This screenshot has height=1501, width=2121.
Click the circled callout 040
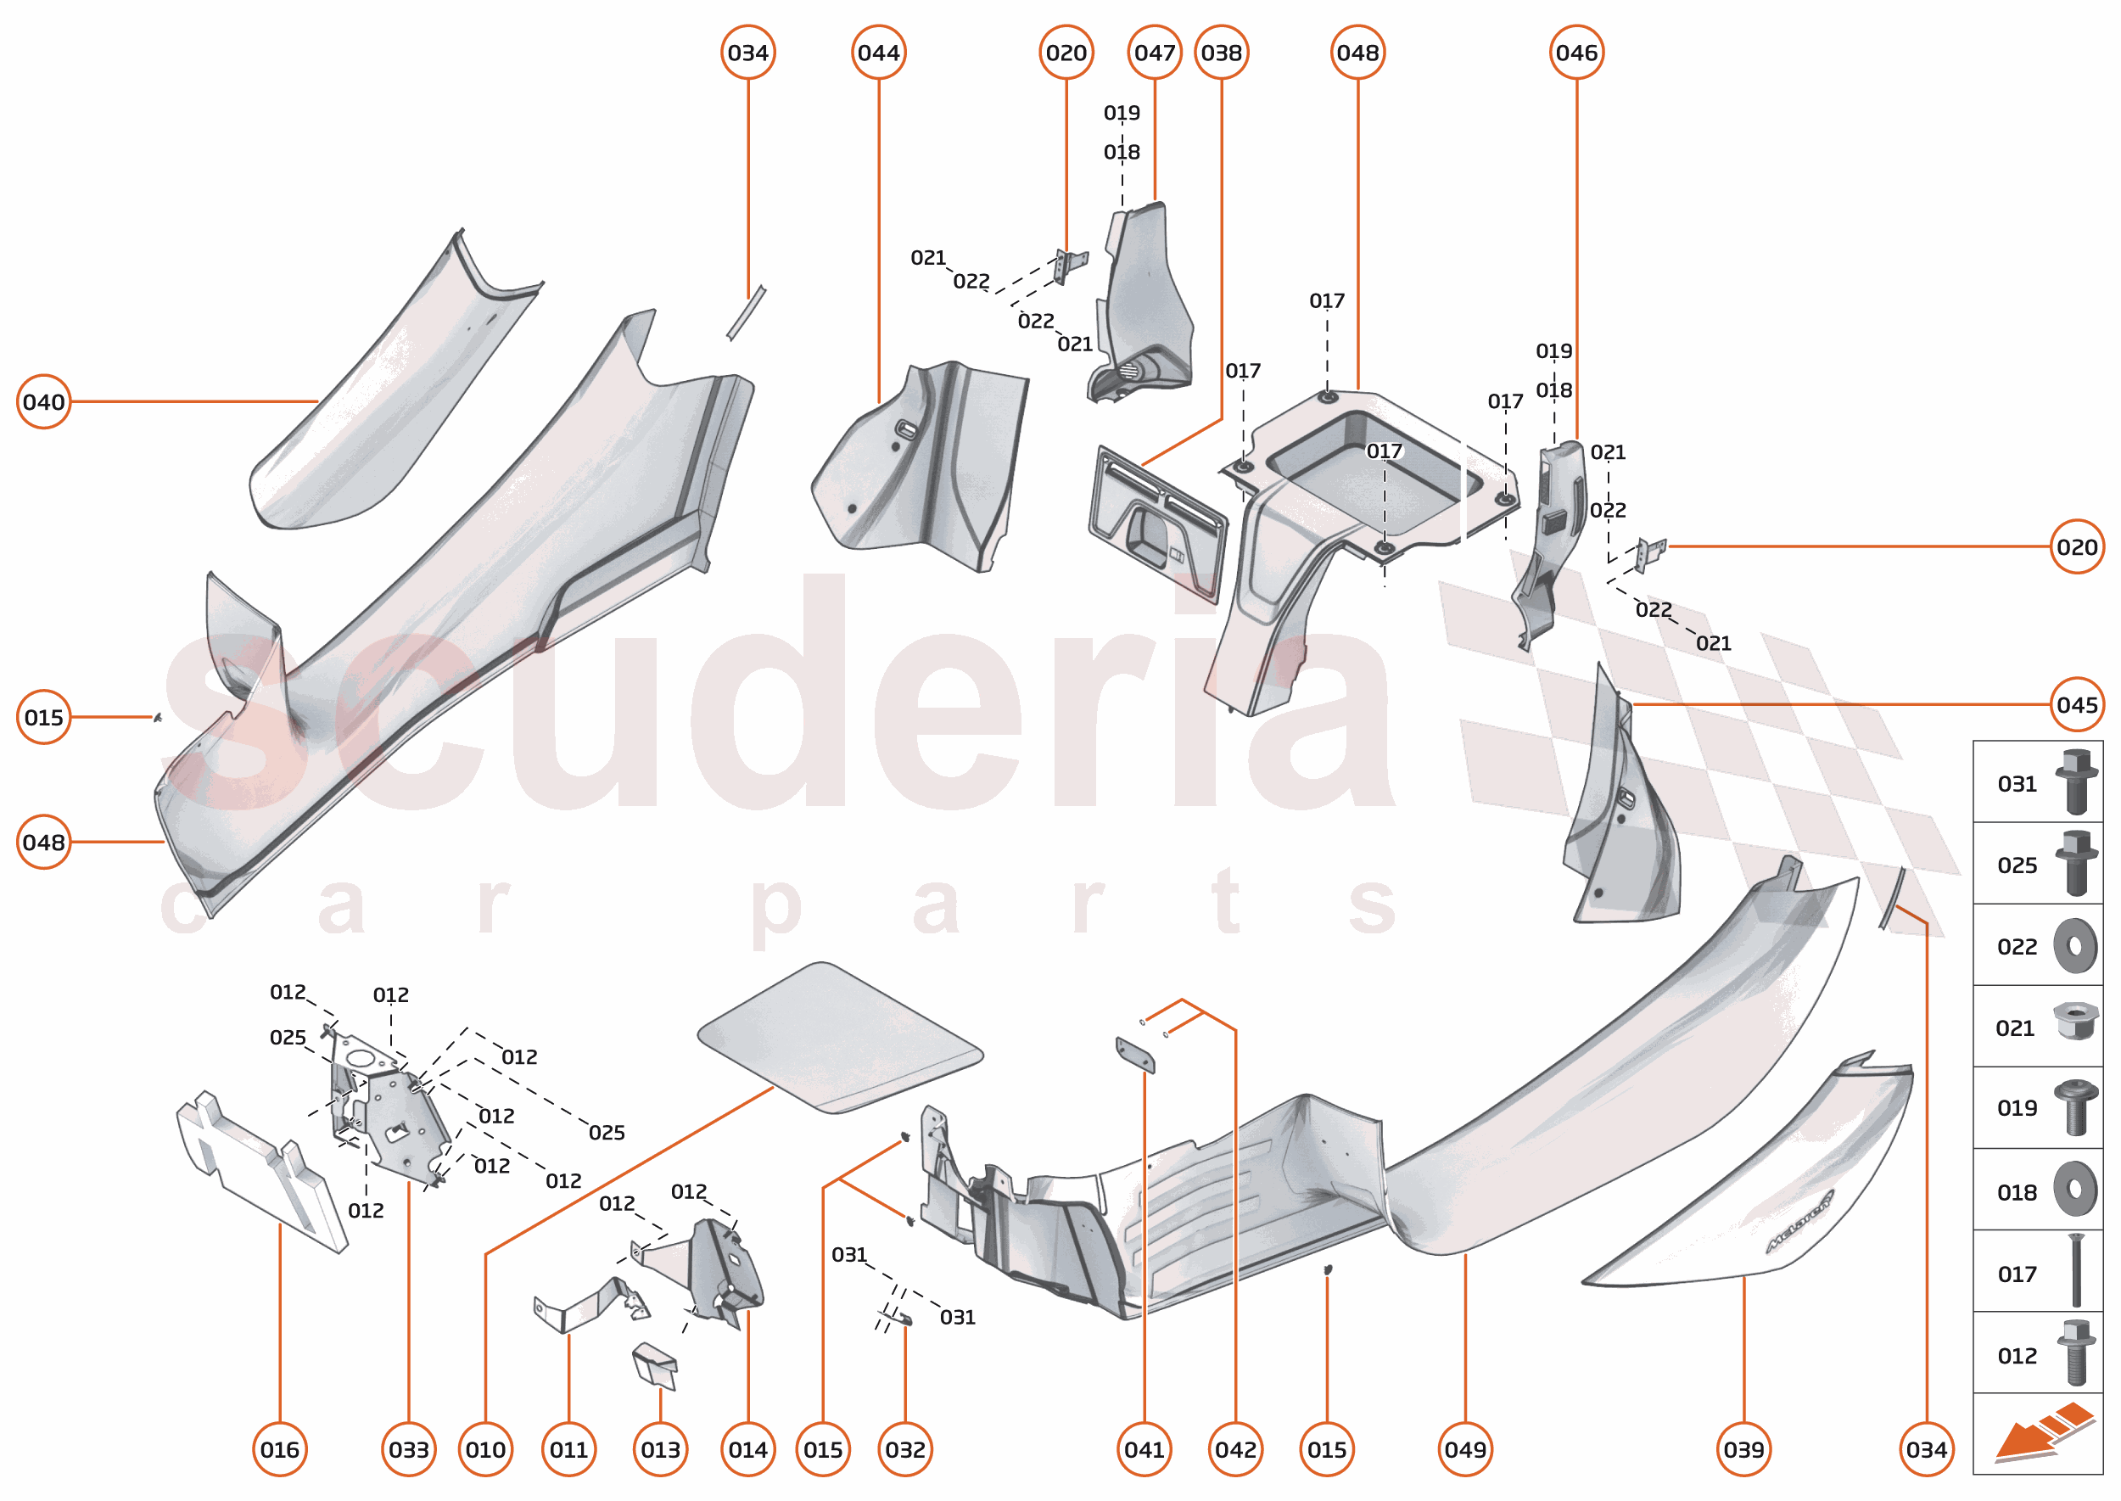tap(43, 402)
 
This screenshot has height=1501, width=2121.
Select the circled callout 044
tap(878, 53)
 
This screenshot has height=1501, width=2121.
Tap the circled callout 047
tap(1155, 53)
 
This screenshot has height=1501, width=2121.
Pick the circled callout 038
tap(1221, 53)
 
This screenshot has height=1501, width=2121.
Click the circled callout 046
tap(1575, 53)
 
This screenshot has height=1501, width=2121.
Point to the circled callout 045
tap(2077, 705)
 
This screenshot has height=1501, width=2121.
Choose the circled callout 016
tap(279, 1449)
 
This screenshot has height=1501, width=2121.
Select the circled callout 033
tap(408, 1449)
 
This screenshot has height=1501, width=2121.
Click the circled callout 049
tap(1465, 1449)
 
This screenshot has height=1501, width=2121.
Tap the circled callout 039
tap(1743, 1449)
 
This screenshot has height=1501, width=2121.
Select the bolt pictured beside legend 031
tap(2076, 782)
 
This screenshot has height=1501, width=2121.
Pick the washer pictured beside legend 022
tap(2075, 946)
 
